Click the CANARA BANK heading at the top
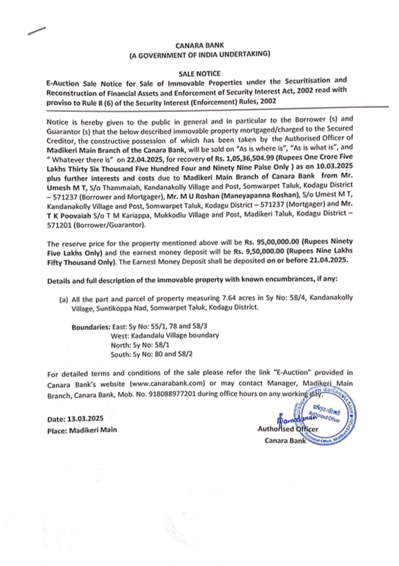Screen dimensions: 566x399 [199, 46]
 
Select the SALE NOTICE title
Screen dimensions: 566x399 [199, 74]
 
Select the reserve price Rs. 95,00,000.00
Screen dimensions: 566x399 [272, 242]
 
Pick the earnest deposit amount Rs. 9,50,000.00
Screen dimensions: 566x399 [259, 252]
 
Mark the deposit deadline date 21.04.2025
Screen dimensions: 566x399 [328, 260]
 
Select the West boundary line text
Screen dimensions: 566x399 [165, 336]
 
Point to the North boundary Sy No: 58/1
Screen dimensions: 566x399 [140, 345]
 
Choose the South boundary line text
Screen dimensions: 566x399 [152, 354]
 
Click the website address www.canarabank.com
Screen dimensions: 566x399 [167, 383]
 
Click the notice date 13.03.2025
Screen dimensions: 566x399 [85, 419]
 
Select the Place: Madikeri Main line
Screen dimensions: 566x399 [82, 430]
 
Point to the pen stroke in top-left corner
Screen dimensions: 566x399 [37, 31]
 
